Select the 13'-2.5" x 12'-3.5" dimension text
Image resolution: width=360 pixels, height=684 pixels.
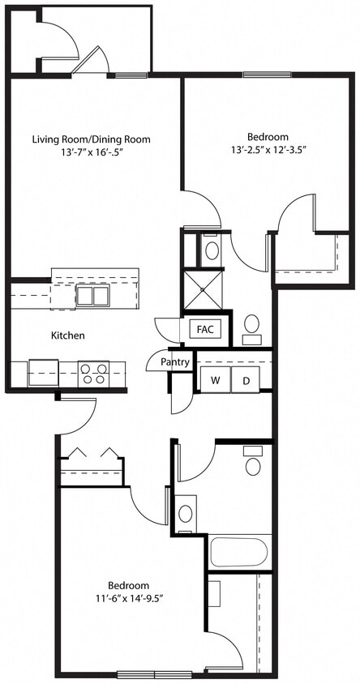pos(267,149)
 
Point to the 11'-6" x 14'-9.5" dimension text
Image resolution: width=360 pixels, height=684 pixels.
pos(128,598)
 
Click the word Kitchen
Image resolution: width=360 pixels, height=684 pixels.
pos(68,335)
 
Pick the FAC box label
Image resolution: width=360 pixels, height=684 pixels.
pos(205,329)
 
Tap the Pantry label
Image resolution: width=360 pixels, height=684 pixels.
pos(175,362)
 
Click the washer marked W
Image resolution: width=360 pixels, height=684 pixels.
pos(216,380)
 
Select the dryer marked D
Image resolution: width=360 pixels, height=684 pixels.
pos(246,380)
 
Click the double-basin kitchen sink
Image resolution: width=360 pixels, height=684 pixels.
pos(92,295)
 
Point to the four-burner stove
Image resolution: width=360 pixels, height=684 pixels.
pos(93,374)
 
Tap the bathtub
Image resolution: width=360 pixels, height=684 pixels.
pos(240,552)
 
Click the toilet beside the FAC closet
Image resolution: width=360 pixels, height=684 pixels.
pos(252,326)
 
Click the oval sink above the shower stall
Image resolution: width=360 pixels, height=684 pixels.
pos(212,250)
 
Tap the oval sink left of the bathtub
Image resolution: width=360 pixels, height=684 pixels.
pos(186,513)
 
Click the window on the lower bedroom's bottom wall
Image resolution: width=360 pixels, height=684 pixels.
pos(148,674)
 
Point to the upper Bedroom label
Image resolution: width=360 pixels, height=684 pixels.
pos(267,137)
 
